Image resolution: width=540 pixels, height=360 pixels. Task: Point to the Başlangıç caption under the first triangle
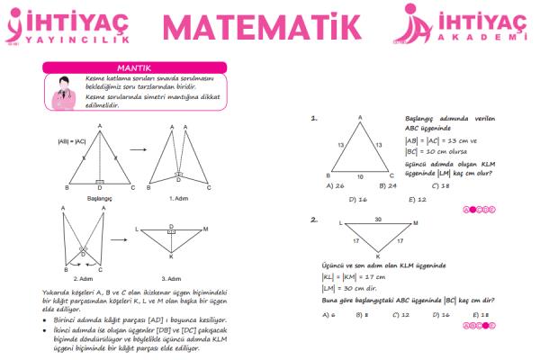(99, 196)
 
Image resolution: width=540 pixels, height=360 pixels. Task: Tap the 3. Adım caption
(172, 279)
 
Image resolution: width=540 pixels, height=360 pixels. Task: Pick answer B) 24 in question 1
(389, 185)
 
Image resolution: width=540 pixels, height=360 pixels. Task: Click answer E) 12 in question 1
(417, 199)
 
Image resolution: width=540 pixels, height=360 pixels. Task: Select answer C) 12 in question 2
(401, 314)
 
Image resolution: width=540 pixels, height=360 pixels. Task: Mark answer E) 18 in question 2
(479, 314)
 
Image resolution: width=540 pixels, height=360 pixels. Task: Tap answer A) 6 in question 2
(328, 314)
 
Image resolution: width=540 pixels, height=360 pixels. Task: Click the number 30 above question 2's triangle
(378, 219)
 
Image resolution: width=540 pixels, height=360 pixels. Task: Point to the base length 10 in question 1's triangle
(359, 176)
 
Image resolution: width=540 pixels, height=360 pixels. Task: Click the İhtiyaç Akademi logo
(459, 26)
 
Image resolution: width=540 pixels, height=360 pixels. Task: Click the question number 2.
(314, 220)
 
